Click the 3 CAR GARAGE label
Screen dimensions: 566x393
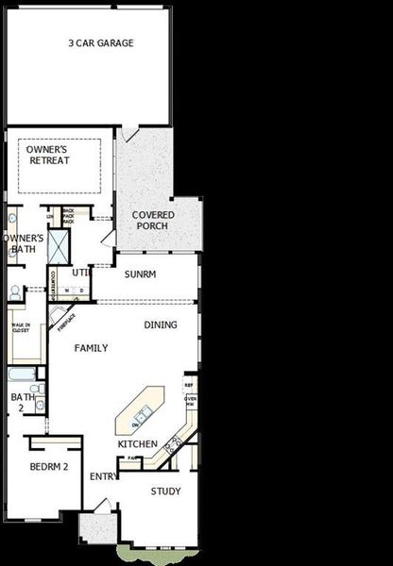pos(100,43)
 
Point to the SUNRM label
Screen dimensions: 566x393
pos(140,275)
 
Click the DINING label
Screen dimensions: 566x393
pos(160,325)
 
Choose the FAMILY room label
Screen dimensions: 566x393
pos(91,348)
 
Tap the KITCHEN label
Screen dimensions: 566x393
pos(137,443)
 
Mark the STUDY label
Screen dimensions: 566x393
pos(165,491)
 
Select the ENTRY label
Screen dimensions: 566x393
pos(103,476)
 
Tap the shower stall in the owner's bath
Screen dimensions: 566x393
pos(57,247)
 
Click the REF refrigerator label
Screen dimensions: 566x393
pos(189,385)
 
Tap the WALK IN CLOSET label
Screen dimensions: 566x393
pos(21,329)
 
